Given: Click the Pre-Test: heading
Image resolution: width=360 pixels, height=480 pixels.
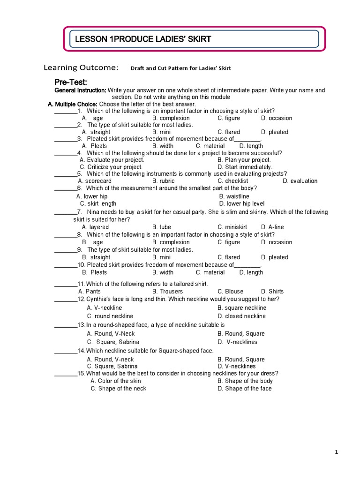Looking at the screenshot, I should pos(71,82).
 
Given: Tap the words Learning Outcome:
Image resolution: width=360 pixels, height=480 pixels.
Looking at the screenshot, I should pos(81,67).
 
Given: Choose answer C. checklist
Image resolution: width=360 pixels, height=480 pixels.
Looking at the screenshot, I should pos(232,181).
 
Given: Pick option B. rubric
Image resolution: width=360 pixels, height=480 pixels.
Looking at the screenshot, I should pos(163,181).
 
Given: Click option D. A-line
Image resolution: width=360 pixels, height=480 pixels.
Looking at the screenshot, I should pos(272,227).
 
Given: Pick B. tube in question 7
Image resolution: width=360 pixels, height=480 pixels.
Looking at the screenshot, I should pos(162,227).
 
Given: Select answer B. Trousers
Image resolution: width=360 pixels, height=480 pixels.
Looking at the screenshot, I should pos(167,292).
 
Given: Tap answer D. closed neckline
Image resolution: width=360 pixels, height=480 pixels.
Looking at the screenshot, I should pos(241,316).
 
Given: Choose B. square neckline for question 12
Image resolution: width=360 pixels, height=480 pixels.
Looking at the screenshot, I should pos(241,308).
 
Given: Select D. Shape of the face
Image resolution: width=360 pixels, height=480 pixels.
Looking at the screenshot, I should pos(244,389).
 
